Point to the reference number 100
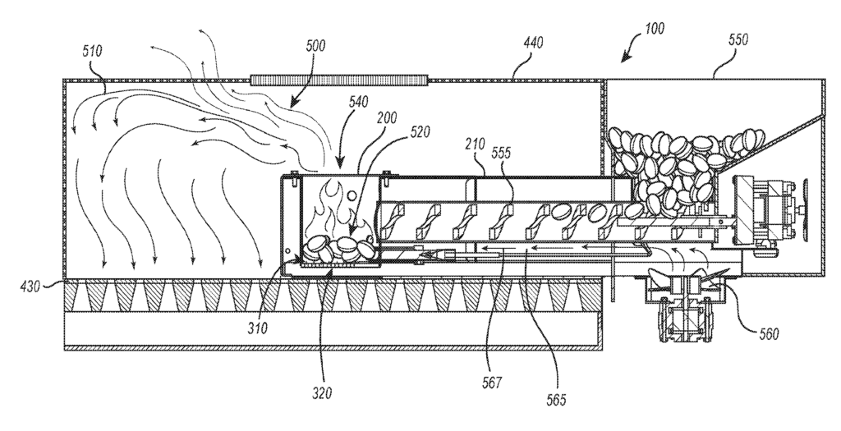(x=654, y=28)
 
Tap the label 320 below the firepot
(x=322, y=392)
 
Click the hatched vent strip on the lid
(x=339, y=80)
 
